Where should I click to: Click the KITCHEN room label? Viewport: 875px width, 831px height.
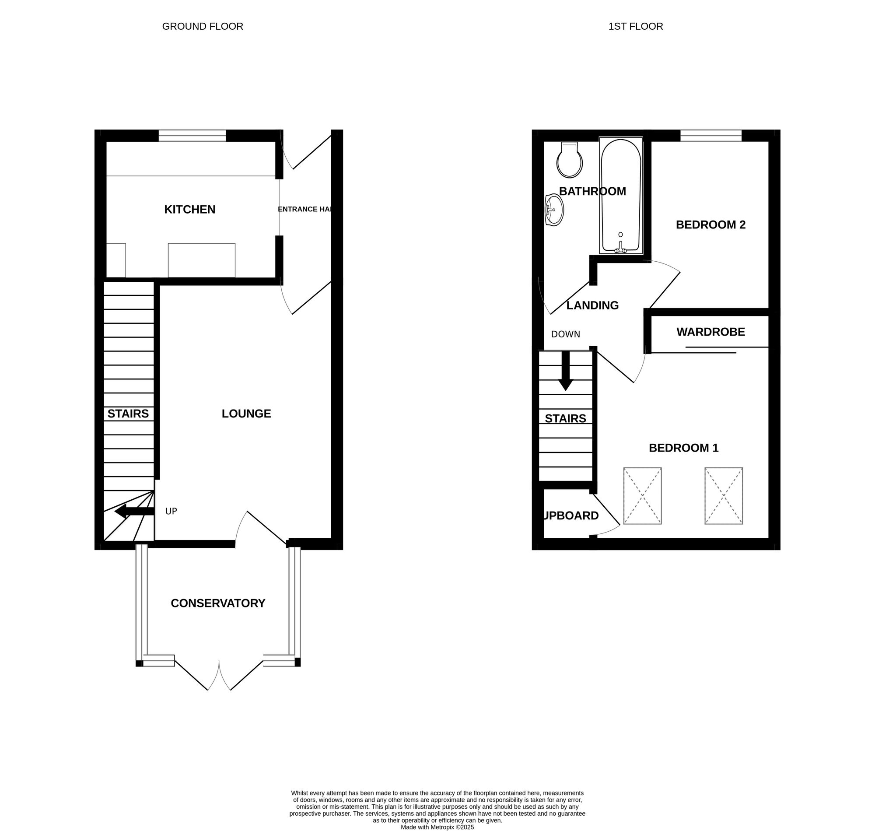(x=189, y=210)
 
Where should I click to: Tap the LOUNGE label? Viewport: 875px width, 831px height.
(x=246, y=414)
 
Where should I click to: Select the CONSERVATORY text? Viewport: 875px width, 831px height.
(x=218, y=603)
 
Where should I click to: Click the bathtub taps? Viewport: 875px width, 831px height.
(x=620, y=249)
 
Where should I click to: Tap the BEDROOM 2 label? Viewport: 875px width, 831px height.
(x=710, y=225)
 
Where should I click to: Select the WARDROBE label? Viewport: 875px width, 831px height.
(x=710, y=332)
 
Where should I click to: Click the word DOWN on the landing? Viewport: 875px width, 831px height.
(x=566, y=334)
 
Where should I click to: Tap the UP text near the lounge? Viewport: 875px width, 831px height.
(x=171, y=512)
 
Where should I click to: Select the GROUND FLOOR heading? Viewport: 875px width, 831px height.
(x=203, y=27)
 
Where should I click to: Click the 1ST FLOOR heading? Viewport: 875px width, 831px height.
(x=635, y=27)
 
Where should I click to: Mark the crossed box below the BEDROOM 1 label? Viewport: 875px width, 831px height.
(x=642, y=496)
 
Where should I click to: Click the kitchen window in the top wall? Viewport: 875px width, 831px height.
(x=192, y=136)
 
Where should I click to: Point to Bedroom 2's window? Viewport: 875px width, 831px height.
(x=710, y=136)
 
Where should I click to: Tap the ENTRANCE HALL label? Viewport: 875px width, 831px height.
(x=304, y=210)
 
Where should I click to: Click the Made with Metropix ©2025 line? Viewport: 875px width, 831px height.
(x=437, y=827)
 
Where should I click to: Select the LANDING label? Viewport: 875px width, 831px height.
(x=592, y=305)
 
